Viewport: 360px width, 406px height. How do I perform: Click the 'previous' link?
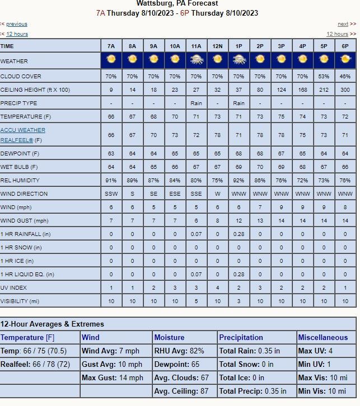[16, 24]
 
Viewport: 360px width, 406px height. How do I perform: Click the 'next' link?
[343, 24]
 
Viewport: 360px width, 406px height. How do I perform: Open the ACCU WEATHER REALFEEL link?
[23, 135]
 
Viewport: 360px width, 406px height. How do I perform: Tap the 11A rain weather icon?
[196, 59]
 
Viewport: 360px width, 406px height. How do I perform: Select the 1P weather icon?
[239, 59]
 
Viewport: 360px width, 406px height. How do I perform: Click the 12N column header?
[217, 45]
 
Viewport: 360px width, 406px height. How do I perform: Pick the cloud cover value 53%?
[324, 76]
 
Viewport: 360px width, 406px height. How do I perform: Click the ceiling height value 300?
[345, 89]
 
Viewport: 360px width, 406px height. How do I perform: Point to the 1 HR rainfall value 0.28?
[239, 234]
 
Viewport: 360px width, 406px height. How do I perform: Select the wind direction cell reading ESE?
[175, 193]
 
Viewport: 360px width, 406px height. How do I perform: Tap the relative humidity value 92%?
[239, 180]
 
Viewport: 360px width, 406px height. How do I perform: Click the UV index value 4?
[217, 287]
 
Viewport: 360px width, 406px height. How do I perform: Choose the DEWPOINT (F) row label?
[20, 153]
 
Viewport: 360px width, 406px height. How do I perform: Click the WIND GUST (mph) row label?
[25, 220]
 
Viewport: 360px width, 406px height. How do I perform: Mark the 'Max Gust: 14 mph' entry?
[113, 377]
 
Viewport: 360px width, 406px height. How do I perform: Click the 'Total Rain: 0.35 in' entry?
[249, 351]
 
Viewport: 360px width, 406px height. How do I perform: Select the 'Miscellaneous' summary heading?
[322, 337]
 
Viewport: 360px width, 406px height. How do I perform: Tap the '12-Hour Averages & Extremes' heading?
[52, 324]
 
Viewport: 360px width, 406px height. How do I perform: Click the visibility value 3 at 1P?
[239, 301]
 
